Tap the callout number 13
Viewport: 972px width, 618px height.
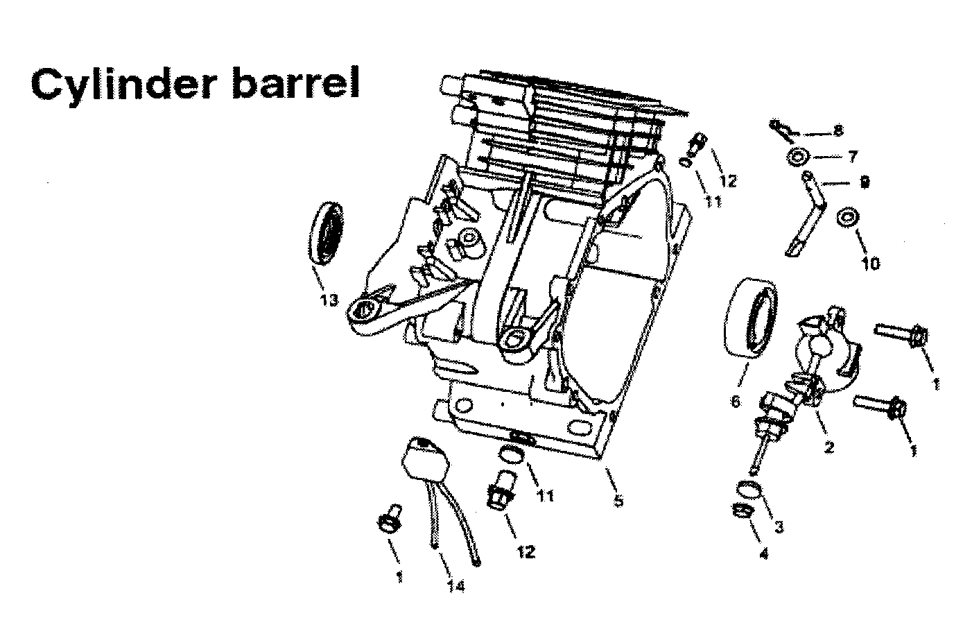329,300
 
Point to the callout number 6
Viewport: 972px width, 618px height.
736,402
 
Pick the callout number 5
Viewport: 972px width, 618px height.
618,500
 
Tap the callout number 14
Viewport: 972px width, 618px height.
455,587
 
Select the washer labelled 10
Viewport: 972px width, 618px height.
847,217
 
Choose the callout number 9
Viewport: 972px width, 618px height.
865,182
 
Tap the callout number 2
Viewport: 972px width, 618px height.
828,447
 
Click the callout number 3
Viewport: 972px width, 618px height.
779,527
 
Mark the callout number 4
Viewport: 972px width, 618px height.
764,554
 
